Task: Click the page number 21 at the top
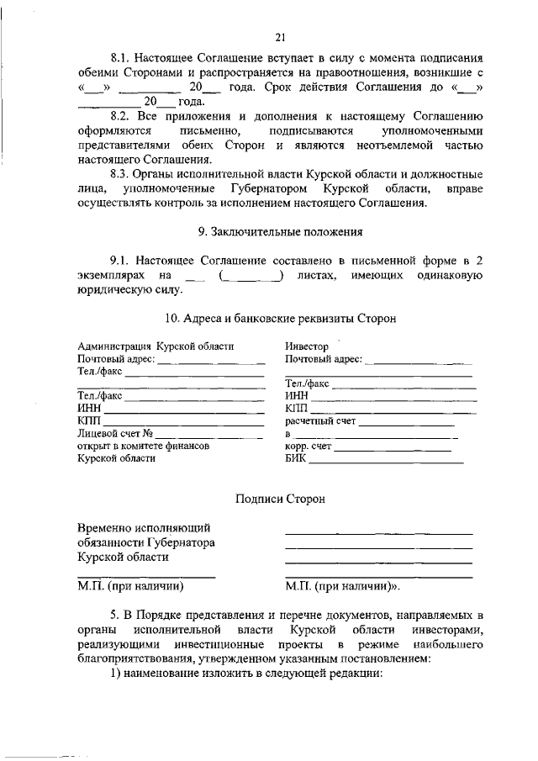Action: (281, 35)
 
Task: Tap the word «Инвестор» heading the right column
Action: (307, 346)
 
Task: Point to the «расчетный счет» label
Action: (317, 421)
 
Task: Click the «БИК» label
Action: (296, 459)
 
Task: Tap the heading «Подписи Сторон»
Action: (280, 499)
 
